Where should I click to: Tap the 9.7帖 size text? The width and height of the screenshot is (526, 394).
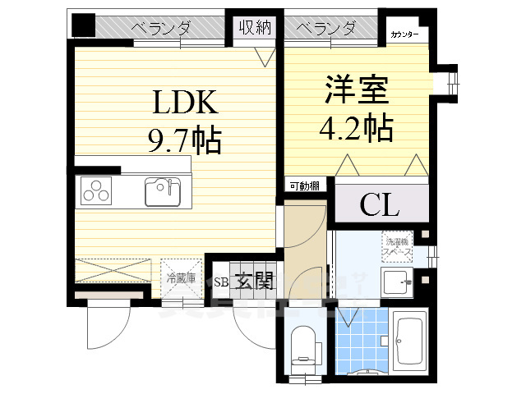click(x=186, y=141)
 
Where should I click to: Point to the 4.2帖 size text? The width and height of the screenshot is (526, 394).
click(x=355, y=127)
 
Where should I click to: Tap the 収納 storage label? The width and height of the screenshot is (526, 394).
click(x=256, y=29)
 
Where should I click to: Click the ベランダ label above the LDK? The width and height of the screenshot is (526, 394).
click(x=161, y=29)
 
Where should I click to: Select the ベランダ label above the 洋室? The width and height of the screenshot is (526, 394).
click(x=326, y=29)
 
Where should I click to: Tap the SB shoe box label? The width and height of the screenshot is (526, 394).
click(x=221, y=282)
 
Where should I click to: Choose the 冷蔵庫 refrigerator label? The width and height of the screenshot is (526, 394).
click(x=181, y=277)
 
